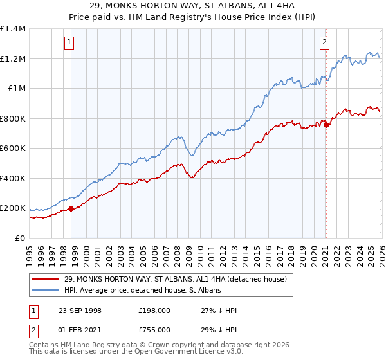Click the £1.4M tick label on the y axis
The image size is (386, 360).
point(13,29)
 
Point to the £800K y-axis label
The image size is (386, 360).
point(13,118)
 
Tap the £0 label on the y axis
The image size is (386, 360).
point(20,238)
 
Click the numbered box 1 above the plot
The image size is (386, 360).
point(69,43)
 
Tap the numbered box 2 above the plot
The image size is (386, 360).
point(325,43)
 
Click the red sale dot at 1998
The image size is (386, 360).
point(71,208)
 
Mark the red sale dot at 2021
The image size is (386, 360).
point(326,125)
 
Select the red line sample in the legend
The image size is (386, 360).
point(46,279)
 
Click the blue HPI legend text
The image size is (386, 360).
point(142,290)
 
